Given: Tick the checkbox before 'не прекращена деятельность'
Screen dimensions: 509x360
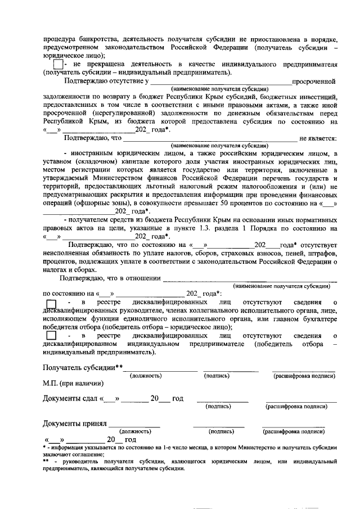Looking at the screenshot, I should coord(50,65).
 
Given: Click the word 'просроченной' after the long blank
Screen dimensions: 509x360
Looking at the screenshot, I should coord(318,82).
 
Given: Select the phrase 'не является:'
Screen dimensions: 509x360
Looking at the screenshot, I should coord(318,138).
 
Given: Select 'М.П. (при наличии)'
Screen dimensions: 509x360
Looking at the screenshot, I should coord(73,384).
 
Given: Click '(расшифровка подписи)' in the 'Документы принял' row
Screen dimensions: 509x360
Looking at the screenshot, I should coord(294,431).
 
